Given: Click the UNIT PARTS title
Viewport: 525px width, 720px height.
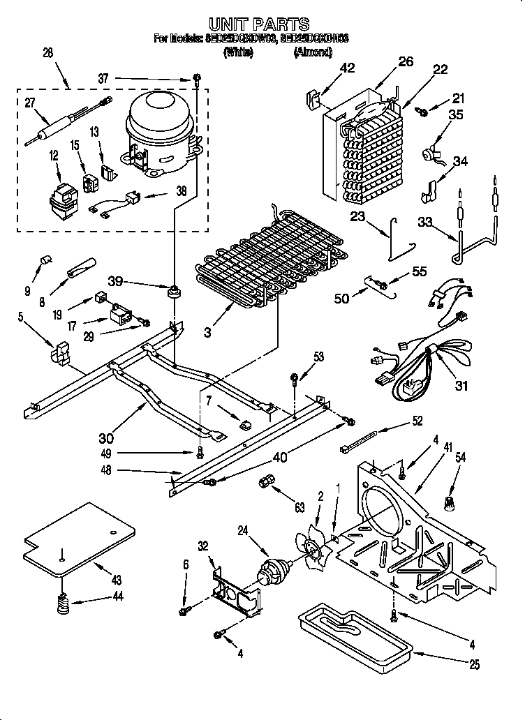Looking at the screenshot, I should (x=260, y=24).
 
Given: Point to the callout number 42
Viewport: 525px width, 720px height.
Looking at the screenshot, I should (x=347, y=68).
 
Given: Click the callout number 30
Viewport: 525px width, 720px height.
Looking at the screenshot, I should (x=106, y=438).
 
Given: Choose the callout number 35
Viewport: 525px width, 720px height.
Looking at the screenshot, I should (x=456, y=116).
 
